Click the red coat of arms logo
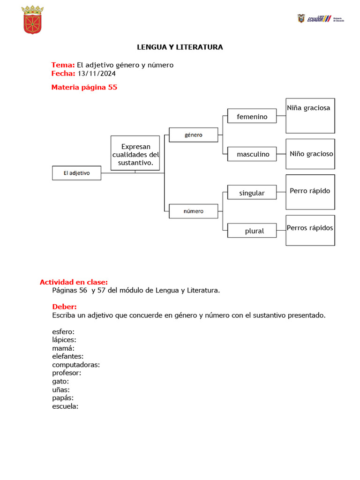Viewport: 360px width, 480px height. point(33,20)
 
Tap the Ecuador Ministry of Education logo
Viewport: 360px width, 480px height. point(320,19)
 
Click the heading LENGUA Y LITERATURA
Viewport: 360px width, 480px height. point(180,47)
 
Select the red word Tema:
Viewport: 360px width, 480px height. point(63,65)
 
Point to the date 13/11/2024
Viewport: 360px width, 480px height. point(97,74)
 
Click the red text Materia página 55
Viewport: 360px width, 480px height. point(84,87)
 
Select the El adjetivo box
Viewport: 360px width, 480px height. point(76,173)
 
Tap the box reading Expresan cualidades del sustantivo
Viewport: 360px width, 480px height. point(135,153)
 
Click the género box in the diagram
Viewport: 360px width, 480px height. point(193,135)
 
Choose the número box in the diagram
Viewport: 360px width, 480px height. point(193,211)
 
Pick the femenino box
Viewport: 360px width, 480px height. point(252,116)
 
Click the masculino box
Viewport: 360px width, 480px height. point(252,154)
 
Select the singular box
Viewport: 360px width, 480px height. point(252,193)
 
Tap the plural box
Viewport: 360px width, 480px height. point(252,231)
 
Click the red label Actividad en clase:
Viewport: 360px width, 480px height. point(74,282)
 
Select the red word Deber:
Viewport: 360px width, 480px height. point(64,307)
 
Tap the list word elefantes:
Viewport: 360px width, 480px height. point(68,356)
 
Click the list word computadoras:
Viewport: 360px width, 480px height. point(76,365)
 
